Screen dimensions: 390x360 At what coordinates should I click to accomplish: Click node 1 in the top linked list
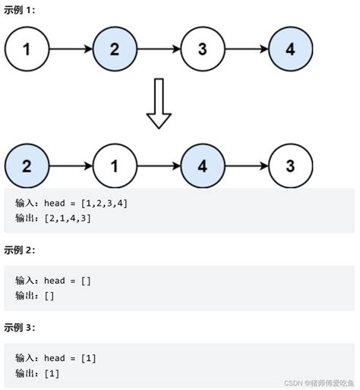pyautogui.click(x=27, y=50)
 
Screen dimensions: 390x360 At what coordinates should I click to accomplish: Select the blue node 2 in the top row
pyautogui.click(x=115, y=50)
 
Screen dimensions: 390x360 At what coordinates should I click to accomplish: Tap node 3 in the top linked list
pyautogui.click(x=203, y=50)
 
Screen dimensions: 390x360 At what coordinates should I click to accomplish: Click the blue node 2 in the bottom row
pyautogui.click(x=27, y=165)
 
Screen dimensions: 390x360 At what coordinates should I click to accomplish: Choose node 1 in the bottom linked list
pyautogui.click(x=115, y=165)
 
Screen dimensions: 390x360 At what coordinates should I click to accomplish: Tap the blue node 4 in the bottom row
pyautogui.click(x=203, y=165)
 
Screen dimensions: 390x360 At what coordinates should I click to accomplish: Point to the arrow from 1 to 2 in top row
pyautogui.click(x=71, y=50)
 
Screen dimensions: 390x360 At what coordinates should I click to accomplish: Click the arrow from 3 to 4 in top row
pyautogui.click(x=247, y=50)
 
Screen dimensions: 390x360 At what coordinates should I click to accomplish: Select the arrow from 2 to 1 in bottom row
pyautogui.click(x=71, y=165)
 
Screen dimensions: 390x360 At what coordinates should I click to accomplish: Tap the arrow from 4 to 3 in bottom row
pyautogui.click(x=247, y=165)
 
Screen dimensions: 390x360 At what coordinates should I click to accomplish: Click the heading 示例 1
pyautogui.click(x=19, y=10)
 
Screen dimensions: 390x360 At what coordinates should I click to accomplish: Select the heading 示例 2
pyautogui.click(x=19, y=250)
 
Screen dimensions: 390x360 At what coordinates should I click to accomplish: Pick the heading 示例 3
pyautogui.click(x=19, y=328)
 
